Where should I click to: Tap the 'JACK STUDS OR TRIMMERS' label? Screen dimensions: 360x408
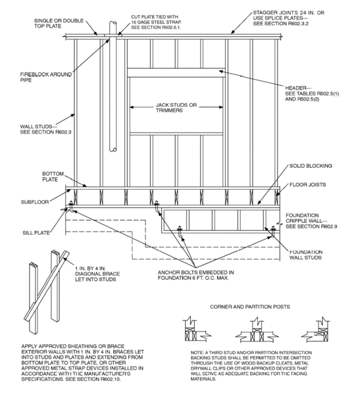click(176, 108)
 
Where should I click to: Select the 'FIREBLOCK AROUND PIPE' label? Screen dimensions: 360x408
click(46, 77)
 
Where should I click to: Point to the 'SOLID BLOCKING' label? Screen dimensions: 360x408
click(311, 166)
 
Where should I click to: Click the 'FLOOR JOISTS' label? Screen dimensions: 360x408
click(308, 185)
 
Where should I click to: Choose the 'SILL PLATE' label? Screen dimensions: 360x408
click(36, 233)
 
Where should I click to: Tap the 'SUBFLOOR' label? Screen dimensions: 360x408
click(35, 202)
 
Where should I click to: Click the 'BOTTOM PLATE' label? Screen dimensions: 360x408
click(53, 176)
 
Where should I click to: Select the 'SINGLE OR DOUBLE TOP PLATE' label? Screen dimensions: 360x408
click(59, 24)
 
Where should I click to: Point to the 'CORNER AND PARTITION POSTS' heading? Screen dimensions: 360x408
click(250, 307)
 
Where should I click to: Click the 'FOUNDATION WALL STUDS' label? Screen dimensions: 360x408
click(306, 255)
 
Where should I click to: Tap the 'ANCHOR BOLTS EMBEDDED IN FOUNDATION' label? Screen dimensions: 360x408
click(195, 275)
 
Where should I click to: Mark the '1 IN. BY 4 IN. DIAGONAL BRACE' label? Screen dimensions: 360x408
click(97, 274)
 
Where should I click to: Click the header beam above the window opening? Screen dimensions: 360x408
click(176, 73)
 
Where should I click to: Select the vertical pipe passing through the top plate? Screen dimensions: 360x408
click(113, 86)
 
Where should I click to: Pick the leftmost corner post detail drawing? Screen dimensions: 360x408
click(197, 329)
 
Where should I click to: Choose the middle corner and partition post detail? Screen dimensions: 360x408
click(257, 330)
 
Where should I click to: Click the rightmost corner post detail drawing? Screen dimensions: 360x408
click(316, 330)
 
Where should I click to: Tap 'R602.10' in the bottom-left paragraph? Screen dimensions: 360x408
click(111, 380)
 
